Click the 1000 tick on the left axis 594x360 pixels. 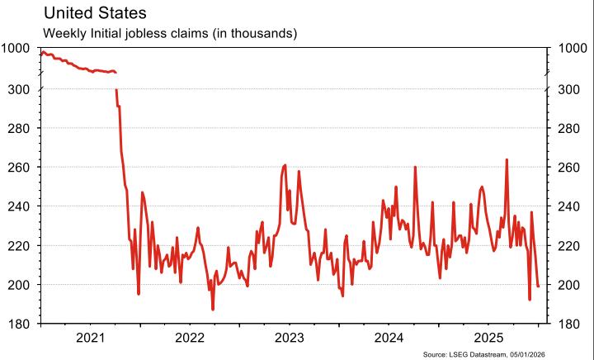pyautogui.click(x=16, y=49)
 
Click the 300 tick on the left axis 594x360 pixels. pyautogui.click(x=20, y=89)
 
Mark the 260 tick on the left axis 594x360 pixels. pyautogui.click(x=20, y=168)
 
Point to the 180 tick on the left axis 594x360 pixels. pyautogui.click(x=20, y=324)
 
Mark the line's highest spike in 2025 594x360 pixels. pyautogui.click(x=507, y=159)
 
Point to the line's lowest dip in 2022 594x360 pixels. pyautogui.click(x=213, y=310)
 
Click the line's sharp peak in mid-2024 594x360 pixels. pyautogui.click(x=415, y=168)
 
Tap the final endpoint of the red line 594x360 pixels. pyautogui.click(x=539, y=287)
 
